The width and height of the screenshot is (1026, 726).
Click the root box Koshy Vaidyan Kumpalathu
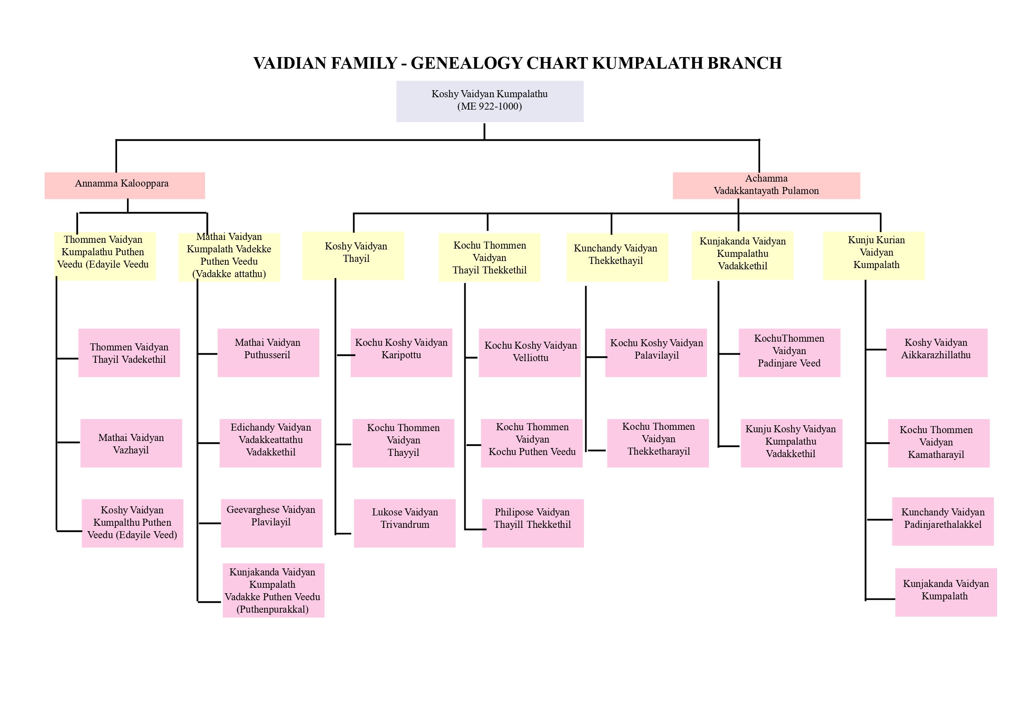489,101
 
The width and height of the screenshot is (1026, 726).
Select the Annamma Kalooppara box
124,185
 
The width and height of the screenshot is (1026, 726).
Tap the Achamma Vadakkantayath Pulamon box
766,185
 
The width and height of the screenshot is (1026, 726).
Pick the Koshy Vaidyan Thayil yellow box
353,255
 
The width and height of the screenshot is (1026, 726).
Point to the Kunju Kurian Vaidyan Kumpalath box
874,255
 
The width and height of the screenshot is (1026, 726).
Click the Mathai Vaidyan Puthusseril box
268,352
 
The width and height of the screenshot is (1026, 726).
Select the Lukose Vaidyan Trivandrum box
404,522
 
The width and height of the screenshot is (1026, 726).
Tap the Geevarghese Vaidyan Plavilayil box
271,522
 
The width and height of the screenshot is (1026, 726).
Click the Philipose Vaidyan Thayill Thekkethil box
533,522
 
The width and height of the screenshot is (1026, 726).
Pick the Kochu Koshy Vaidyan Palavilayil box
655,352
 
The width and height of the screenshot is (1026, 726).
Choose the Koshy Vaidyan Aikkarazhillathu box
936,352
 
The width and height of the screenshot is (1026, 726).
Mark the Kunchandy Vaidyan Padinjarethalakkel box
942,521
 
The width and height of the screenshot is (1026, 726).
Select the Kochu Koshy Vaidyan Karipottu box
401,352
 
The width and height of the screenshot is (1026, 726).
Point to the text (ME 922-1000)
489,106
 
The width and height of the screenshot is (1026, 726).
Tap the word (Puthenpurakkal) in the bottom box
272,609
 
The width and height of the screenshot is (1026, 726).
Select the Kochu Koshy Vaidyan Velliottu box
529,352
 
